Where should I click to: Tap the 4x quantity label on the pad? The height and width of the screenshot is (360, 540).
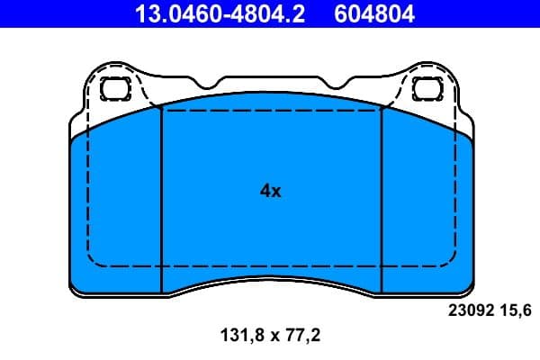270,191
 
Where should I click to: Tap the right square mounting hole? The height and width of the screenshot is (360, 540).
424,88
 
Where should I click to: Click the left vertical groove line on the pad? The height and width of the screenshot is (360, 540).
160,198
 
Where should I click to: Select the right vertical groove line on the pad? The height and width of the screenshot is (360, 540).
382,198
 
